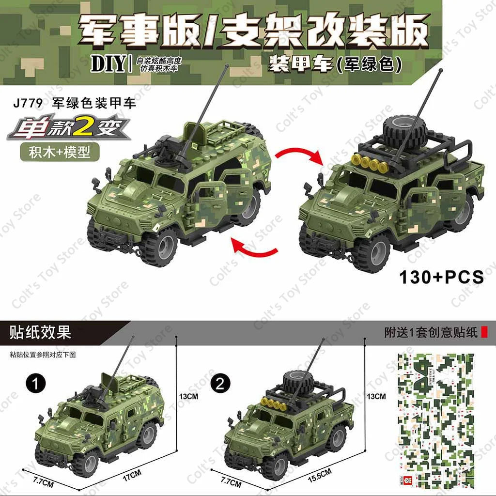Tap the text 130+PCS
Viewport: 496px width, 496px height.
pos(441,277)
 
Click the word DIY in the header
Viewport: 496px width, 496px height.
pos(108,64)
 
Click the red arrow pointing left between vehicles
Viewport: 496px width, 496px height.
pos(253,248)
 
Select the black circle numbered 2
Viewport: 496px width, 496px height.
pos(221,384)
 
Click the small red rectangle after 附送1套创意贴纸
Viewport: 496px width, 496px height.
pos(486,332)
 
